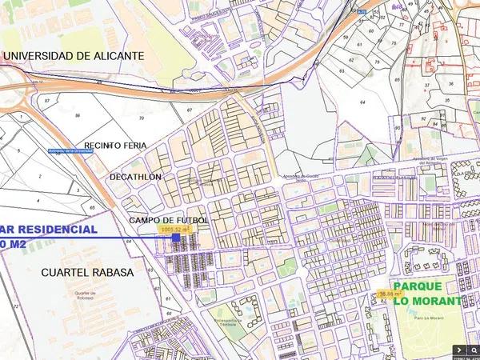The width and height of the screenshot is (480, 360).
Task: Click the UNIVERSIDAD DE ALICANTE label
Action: point(74,56)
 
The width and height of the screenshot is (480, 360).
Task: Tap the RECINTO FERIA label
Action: point(118,146)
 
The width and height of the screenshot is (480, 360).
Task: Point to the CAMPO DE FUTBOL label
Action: point(168,219)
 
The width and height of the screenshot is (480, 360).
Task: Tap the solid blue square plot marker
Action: point(176,238)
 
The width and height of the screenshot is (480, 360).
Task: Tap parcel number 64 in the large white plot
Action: point(362,103)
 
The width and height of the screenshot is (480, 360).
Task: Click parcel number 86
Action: point(78,116)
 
